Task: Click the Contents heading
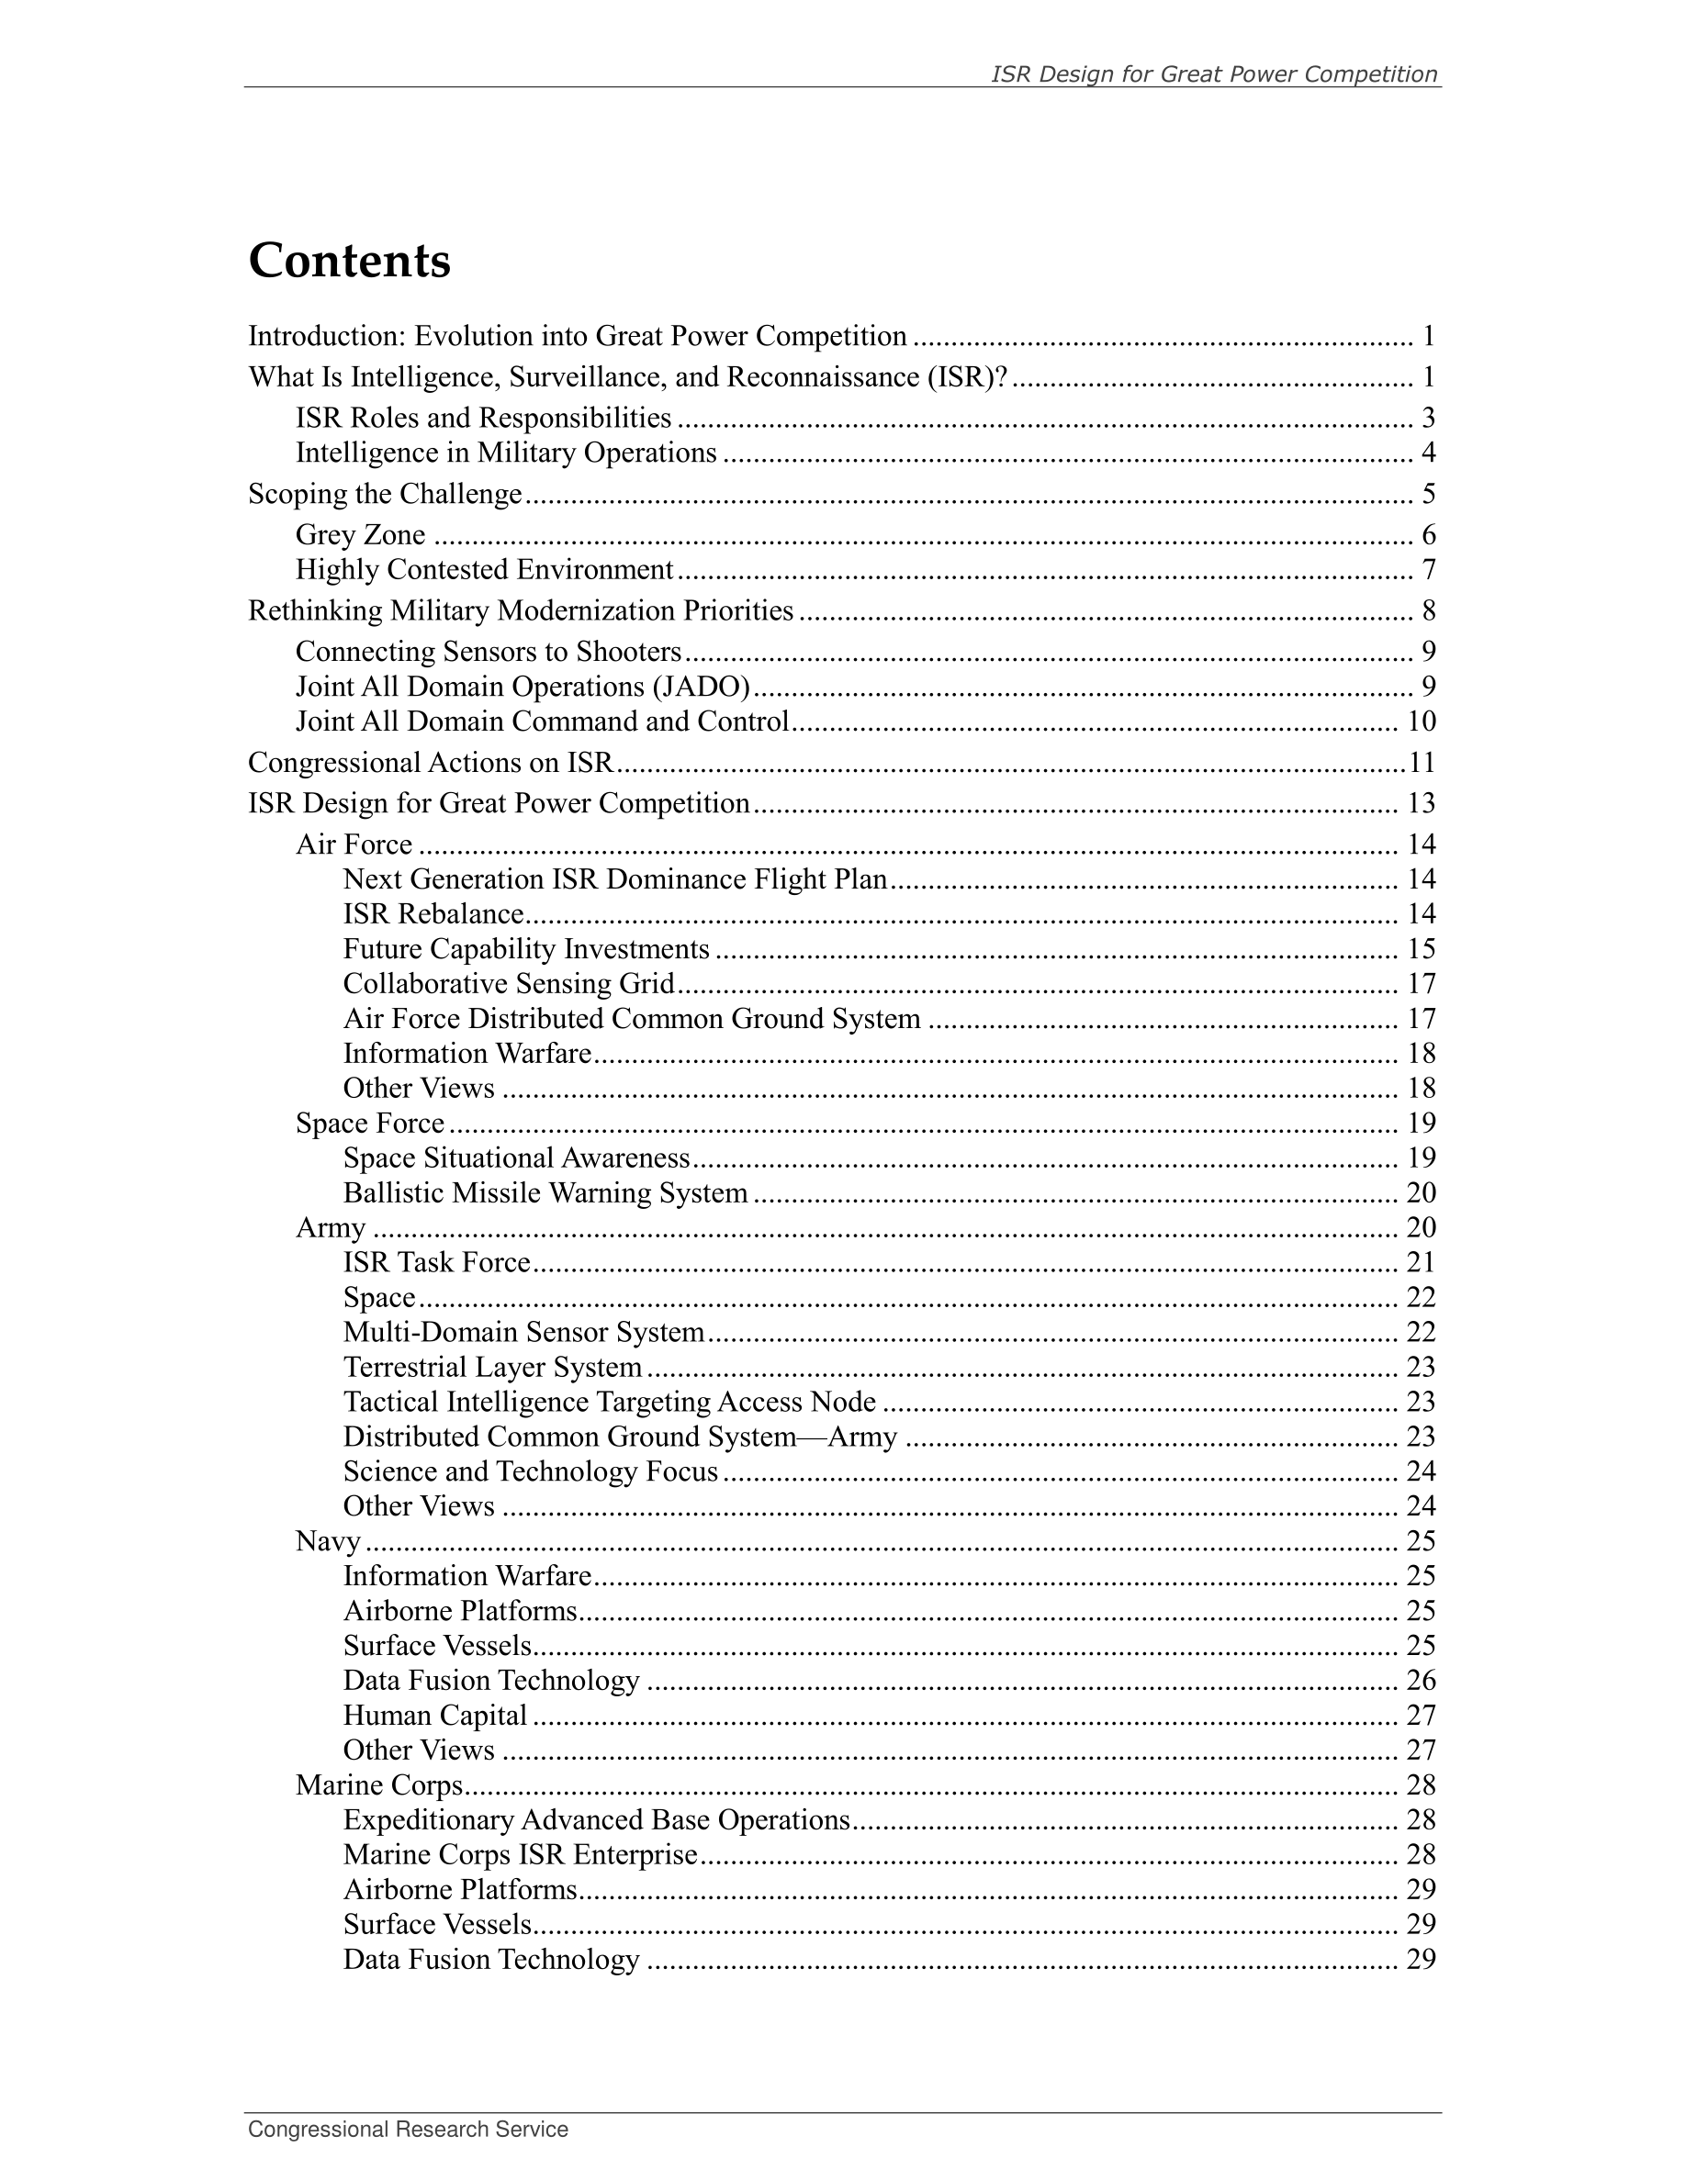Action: [x=350, y=261]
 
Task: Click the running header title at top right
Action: [x=1214, y=74]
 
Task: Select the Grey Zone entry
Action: [x=361, y=535]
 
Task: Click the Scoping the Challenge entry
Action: [x=385, y=495]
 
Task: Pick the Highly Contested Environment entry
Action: [x=485, y=570]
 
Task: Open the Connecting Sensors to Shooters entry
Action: [x=489, y=652]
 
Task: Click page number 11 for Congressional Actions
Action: [x=1422, y=763]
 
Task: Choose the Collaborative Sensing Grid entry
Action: [x=510, y=985]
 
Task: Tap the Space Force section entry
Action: [x=369, y=1124]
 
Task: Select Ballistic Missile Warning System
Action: [x=545, y=1193]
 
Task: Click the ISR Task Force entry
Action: [x=436, y=1263]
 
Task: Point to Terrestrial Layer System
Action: [x=492, y=1367]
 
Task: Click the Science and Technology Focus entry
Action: [x=531, y=1472]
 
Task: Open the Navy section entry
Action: [x=328, y=1542]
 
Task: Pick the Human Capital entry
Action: [x=434, y=1716]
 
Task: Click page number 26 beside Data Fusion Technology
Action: [x=1421, y=1681]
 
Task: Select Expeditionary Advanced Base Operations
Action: [x=596, y=1820]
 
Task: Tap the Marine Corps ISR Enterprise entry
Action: [x=521, y=1855]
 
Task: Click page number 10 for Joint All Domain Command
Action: [x=1421, y=722]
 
